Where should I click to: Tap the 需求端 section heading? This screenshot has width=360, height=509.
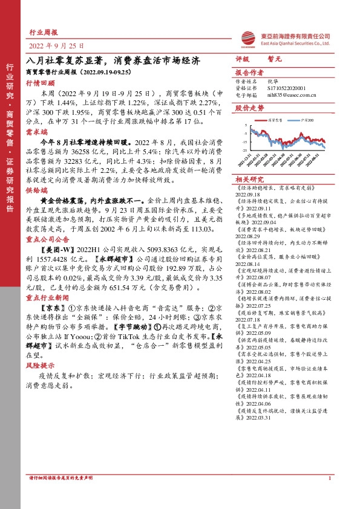(x=36, y=131)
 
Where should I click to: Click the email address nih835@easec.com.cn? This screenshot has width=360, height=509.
(x=278, y=95)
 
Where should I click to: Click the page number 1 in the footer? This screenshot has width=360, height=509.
(x=329, y=496)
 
